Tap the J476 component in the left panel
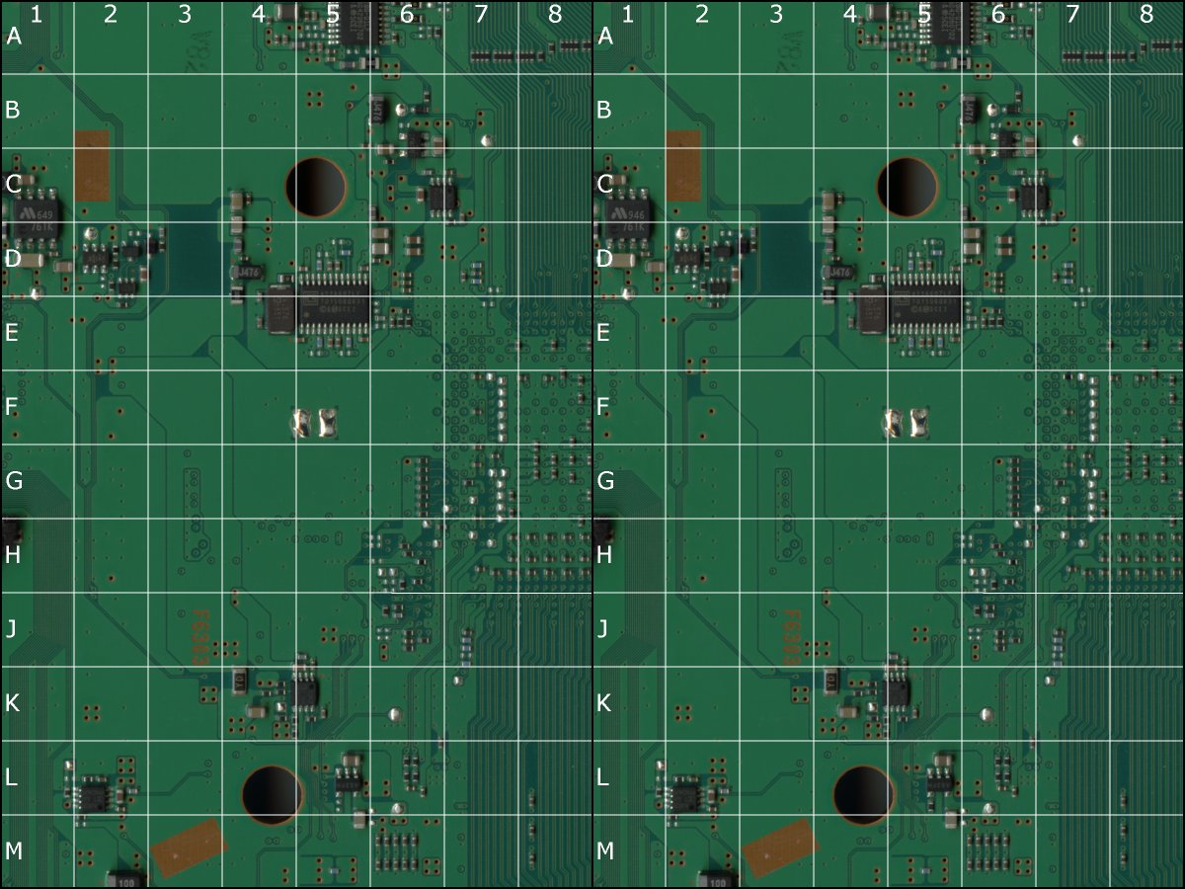[x=246, y=272]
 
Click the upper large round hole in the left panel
[x=316, y=185]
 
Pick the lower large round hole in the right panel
[x=864, y=794]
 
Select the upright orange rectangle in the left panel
[x=92, y=166]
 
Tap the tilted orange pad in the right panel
[x=780, y=848]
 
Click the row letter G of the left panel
[x=13, y=481]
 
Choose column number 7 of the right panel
[x=1072, y=15]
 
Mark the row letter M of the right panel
[x=605, y=851]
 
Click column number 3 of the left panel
[x=185, y=15]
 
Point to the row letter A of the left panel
[x=13, y=37]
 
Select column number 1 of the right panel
[x=628, y=15]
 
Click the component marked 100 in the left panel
[x=125, y=878]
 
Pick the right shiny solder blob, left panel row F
[x=328, y=423]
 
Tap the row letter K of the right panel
[x=605, y=703]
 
